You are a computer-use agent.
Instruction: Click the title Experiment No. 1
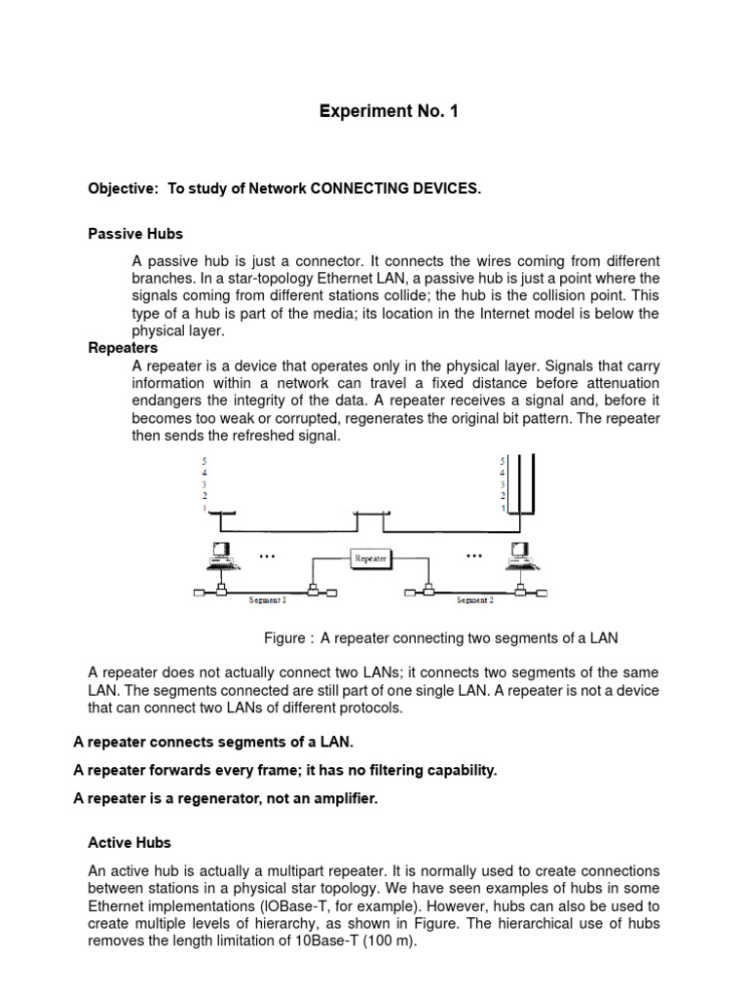(389, 112)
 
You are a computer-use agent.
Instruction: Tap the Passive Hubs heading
(135, 234)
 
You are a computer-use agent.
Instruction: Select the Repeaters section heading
(123, 348)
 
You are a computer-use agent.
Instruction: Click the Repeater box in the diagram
(370, 557)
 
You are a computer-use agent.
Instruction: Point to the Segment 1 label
(268, 600)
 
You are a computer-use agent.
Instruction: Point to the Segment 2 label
(475, 600)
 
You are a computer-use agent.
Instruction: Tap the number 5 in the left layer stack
(204, 460)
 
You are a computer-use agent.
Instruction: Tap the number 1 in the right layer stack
(502, 508)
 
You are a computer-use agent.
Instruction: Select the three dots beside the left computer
(267, 556)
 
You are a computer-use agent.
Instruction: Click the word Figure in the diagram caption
(286, 638)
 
